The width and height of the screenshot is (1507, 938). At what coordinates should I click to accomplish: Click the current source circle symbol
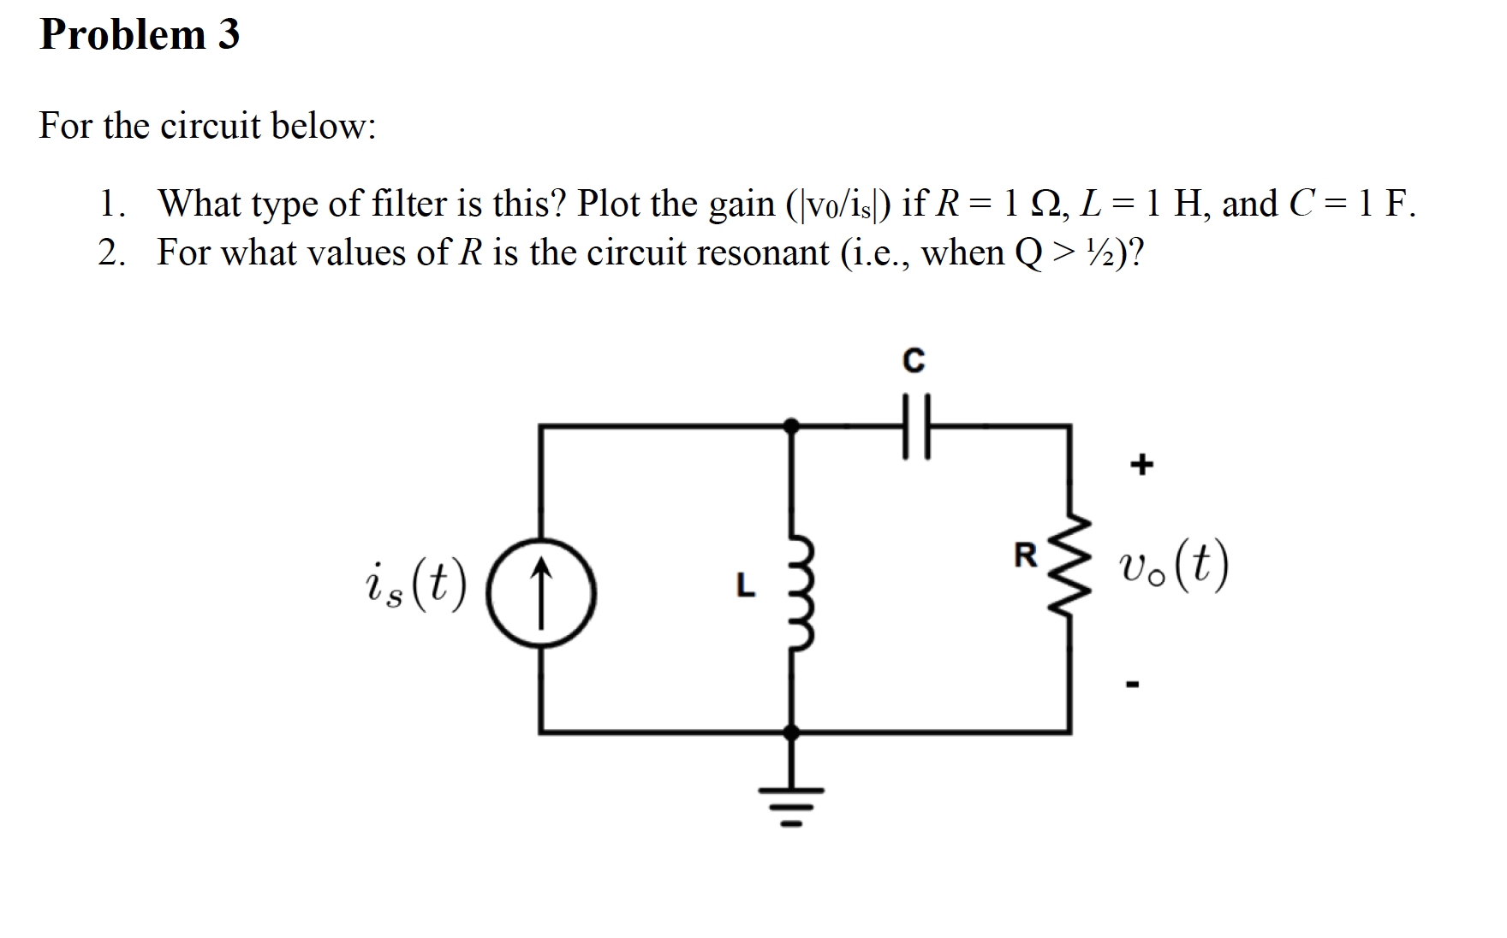[541, 591]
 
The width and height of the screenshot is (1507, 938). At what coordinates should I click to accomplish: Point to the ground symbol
[791, 800]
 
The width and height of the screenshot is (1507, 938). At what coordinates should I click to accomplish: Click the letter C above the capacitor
[914, 361]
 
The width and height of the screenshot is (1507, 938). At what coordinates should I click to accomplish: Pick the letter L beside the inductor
[746, 585]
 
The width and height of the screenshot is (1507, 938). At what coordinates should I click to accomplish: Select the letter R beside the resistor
[1024, 556]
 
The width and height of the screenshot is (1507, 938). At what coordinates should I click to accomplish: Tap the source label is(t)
[414, 587]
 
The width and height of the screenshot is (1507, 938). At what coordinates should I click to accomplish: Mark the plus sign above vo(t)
[1141, 465]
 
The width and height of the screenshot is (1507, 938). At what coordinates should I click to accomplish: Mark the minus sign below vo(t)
[1134, 683]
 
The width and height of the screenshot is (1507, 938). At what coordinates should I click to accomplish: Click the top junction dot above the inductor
[792, 424]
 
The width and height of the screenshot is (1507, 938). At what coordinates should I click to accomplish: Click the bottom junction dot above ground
[792, 733]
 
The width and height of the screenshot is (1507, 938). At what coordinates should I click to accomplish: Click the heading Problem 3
[140, 35]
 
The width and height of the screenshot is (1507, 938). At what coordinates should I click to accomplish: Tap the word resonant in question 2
[762, 253]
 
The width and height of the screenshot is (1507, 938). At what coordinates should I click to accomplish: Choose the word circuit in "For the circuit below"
[210, 126]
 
